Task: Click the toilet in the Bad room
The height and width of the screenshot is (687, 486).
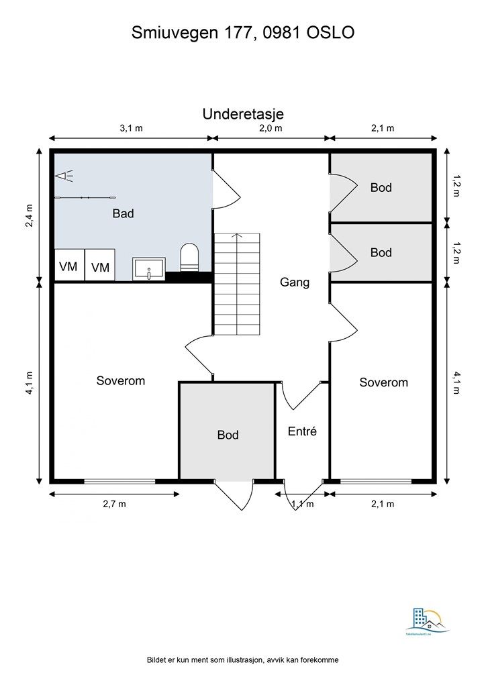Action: point(190,258)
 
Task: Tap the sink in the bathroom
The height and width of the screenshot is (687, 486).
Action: point(148,269)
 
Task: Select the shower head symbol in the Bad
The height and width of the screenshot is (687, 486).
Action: point(64,176)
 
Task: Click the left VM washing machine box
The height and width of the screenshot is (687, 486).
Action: point(68,267)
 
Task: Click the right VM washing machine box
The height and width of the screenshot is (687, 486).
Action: point(100,267)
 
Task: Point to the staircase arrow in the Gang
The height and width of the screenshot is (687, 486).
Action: point(236,236)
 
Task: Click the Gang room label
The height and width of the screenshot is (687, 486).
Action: point(295,282)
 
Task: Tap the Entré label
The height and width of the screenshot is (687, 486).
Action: point(302,431)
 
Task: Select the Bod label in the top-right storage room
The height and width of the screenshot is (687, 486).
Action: point(381,188)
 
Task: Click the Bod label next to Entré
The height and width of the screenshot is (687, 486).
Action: point(228,435)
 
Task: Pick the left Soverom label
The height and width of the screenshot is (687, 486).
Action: point(121,380)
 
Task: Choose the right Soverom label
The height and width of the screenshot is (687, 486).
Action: point(383,382)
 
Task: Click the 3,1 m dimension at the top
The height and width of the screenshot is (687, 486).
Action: point(131,128)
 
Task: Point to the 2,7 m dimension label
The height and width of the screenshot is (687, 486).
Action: point(113,504)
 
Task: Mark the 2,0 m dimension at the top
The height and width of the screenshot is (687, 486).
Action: point(271,128)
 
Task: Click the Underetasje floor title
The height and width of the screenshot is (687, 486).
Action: point(243,114)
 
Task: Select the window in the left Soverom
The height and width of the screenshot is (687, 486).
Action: point(119,481)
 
